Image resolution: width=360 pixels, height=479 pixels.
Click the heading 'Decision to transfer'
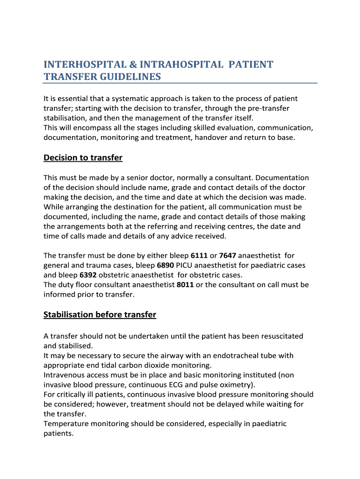click(x=83, y=158)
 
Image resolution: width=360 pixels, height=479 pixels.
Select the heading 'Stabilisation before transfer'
click(x=100, y=314)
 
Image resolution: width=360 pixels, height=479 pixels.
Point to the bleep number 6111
click(x=199, y=255)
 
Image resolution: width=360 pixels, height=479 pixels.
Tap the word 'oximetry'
click(x=237, y=385)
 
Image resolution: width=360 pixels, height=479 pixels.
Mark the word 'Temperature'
click(x=65, y=424)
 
